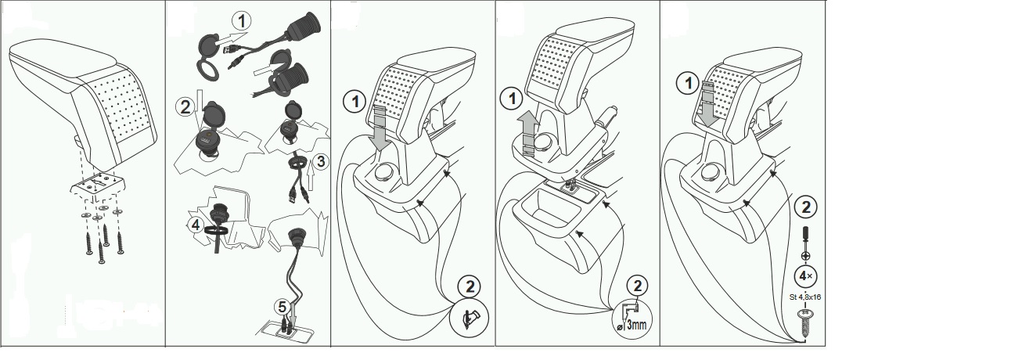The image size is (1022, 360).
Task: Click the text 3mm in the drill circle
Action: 636,325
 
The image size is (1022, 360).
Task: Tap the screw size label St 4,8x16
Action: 804,297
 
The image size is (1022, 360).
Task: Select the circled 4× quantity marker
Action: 806,276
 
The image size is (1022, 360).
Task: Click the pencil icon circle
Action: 469,317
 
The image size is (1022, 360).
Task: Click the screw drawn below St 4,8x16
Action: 804,323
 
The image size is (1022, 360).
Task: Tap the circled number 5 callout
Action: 282,307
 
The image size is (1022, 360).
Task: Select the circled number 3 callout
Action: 321,161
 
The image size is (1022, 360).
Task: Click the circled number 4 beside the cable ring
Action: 196,225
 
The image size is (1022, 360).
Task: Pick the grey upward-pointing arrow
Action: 528,134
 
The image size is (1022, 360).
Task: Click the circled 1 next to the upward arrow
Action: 512,99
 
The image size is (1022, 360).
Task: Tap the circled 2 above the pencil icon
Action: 469,286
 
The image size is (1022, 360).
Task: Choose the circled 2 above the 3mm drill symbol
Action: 638,286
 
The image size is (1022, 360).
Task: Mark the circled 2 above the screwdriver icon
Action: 806,207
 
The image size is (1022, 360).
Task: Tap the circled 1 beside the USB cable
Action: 242,21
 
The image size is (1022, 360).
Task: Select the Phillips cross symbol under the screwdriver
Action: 806,256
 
